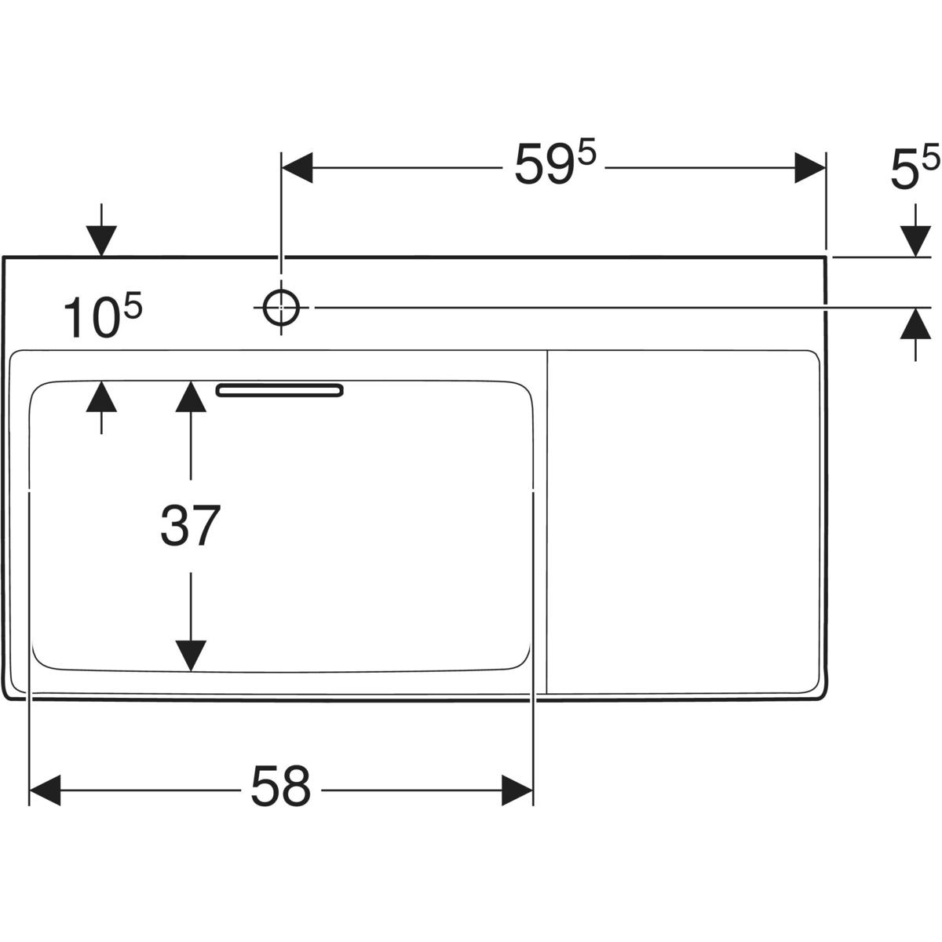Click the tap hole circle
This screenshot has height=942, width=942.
point(280,307)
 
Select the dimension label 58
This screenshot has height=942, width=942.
point(280,787)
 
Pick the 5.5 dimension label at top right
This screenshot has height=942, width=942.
point(914,171)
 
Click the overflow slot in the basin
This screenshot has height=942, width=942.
point(279,390)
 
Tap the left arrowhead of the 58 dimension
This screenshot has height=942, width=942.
point(45,789)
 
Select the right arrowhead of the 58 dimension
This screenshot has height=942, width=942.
point(517,789)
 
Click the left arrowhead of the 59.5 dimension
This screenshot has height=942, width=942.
point(298,168)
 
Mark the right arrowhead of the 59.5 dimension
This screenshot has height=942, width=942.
point(809,168)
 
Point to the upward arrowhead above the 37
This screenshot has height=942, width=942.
point(190,396)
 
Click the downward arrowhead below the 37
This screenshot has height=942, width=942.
point(190,655)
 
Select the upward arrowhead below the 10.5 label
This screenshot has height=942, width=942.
point(101,397)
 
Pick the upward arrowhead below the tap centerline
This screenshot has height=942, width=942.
point(915,323)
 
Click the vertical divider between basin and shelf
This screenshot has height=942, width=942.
point(546,522)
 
